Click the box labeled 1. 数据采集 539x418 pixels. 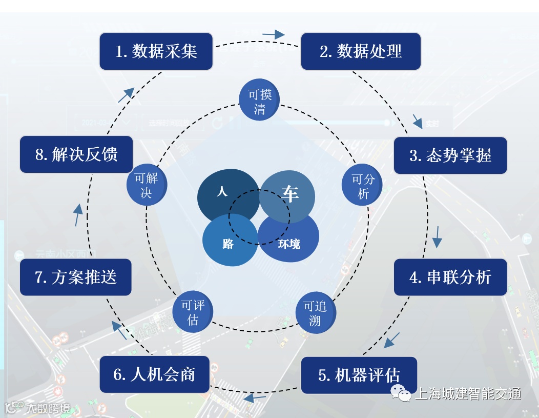coord(156,51)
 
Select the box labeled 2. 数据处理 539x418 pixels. coord(361,51)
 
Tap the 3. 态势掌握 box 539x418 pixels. coord(450,155)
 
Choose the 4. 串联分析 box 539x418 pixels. coord(450,277)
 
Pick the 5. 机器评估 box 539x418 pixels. coord(359,375)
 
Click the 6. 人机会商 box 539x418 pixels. coord(154,374)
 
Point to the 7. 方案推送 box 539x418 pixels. coord(76,277)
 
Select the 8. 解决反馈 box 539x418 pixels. coord(76,154)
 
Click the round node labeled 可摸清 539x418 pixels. coord(260,100)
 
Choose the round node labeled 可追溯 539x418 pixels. coord(316,313)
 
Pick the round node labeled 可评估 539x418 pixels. coord(193,312)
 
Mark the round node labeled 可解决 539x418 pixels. coord(147,185)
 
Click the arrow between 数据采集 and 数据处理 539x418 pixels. coord(273,35)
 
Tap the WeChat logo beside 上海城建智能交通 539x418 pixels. coord(401,394)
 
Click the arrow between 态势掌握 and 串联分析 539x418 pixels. coord(437,236)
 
